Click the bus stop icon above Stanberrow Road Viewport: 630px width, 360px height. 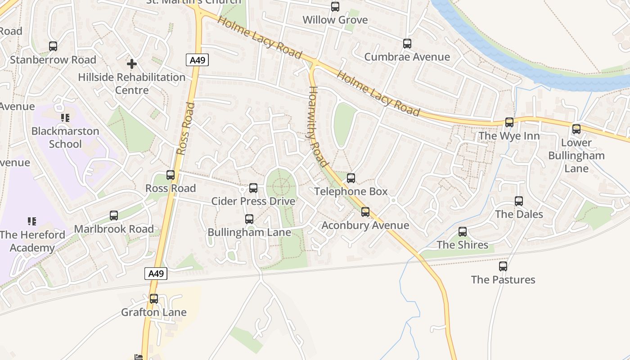click(53, 46)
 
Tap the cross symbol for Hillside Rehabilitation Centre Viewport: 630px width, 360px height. click(131, 64)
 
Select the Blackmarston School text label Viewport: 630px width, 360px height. click(65, 138)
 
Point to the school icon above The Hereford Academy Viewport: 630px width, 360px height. click(32, 221)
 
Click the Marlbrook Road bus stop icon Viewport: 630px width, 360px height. click(114, 216)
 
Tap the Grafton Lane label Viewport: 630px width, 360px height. click(153, 312)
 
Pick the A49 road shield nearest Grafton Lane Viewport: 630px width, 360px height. click(156, 274)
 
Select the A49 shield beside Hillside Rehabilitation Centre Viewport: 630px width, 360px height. click(197, 60)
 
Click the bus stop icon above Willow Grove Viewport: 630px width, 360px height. click(335, 7)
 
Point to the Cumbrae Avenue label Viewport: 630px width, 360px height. click(407, 57)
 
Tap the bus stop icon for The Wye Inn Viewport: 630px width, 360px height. click(509, 122)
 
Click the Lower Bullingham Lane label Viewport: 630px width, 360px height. click(576, 156)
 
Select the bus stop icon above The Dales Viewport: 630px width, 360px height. click(519, 201)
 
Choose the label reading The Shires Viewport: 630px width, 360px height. click(463, 245)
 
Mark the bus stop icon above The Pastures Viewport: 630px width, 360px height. click(503, 266)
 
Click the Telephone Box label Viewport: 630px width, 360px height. click(351, 192)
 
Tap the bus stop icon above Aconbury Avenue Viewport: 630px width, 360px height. click(365, 211)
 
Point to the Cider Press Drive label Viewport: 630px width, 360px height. click(253, 201)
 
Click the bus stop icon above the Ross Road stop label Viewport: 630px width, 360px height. click(171, 175)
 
